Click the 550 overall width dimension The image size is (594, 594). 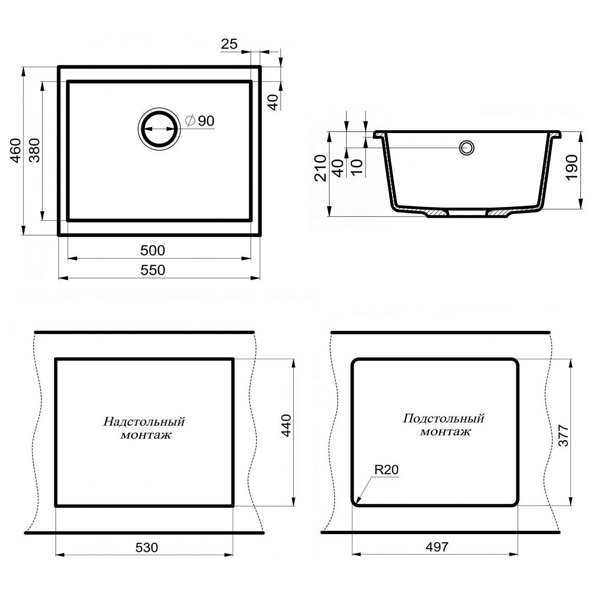point(153,270)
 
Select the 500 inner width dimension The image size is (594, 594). point(153,250)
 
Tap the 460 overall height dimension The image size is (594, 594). point(15,150)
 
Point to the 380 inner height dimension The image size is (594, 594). point(35,150)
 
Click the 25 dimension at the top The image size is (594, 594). point(229,44)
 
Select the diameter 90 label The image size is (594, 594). point(200,121)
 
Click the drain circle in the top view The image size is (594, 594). point(159,129)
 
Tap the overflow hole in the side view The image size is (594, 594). point(467,148)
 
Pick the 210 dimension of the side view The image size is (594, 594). point(321,168)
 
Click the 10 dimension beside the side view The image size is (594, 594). point(357,167)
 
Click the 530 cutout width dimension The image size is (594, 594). point(147,547)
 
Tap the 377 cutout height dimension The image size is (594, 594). point(564,435)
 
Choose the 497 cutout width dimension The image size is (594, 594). point(437,547)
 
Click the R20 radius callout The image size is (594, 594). point(387,470)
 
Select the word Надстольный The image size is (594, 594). point(144,421)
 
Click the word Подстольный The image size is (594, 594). point(444,419)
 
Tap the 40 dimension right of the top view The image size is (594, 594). point(273,102)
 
